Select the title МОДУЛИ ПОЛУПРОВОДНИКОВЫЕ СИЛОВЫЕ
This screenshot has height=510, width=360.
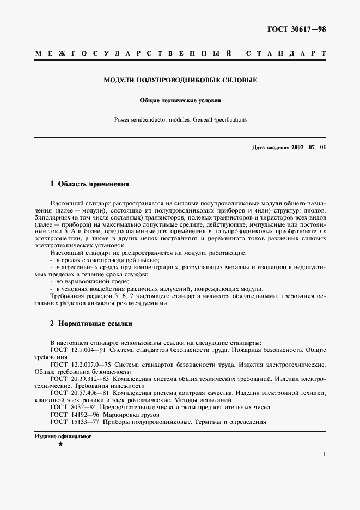click(x=180, y=80)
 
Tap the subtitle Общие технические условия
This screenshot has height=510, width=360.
click(x=180, y=101)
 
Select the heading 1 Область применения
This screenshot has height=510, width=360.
click(x=89, y=184)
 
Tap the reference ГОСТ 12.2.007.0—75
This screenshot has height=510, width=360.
click(x=82, y=364)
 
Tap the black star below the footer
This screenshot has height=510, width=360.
click(x=60, y=445)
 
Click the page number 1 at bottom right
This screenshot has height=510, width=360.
click(x=324, y=453)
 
